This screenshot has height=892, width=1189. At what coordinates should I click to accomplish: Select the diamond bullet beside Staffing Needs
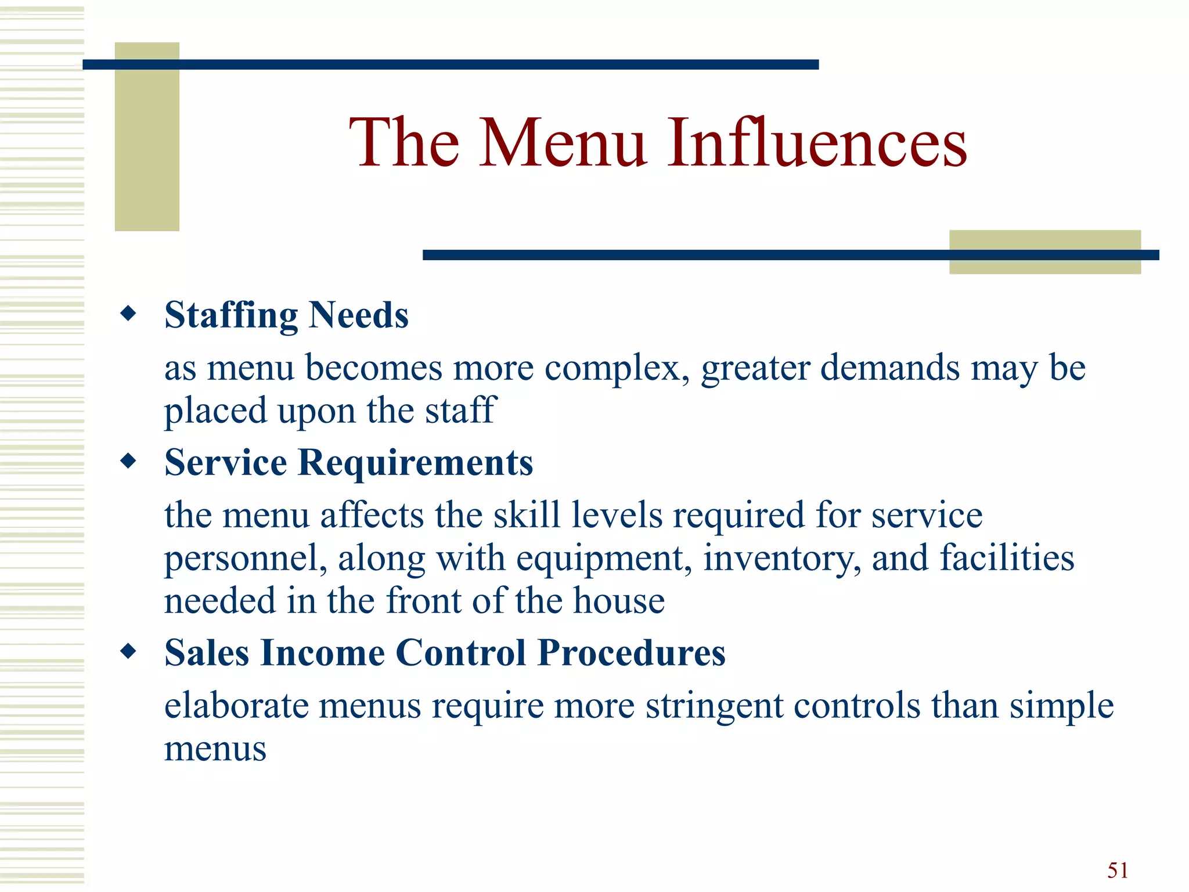128,314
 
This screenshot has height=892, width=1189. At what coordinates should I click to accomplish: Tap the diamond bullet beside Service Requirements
128,462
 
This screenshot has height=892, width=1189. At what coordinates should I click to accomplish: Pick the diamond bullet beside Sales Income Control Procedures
128,652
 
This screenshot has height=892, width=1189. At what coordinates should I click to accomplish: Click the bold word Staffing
231,315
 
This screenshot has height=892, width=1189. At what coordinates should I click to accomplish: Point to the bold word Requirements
415,463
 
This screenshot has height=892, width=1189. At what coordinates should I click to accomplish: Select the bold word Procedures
631,653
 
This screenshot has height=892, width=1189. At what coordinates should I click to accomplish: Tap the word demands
889,368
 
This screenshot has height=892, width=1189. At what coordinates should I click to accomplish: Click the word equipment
604,559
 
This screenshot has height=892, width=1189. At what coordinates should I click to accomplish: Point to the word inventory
781,559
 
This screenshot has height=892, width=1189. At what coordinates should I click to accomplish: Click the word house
618,600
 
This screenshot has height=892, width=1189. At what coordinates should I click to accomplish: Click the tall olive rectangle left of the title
147,136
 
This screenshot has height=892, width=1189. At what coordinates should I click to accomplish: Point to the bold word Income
322,653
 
